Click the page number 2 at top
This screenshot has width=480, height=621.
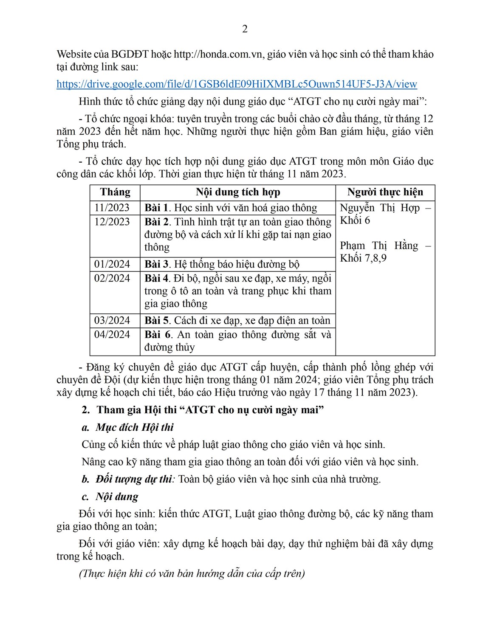tap(245, 29)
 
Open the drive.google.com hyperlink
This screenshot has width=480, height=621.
tap(237, 84)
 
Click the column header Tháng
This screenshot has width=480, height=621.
tap(115, 192)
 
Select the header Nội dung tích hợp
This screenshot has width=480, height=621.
tap(238, 192)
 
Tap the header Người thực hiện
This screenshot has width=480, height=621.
tap(385, 192)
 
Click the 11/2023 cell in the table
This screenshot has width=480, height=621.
tap(112, 208)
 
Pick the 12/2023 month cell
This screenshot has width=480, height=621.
tap(112, 222)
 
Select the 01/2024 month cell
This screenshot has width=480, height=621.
tap(112, 264)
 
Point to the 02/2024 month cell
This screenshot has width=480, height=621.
tap(112, 278)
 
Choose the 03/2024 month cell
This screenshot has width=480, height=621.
tap(112, 320)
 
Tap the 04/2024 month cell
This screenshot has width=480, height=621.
tap(112, 334)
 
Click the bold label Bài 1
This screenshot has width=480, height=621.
tap(156, 208)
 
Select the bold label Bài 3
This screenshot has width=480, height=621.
tap(156, 264)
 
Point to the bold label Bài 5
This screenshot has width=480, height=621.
tap(156, 320)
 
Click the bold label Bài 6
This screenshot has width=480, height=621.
tap(157, 334)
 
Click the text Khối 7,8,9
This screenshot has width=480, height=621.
tap(363, 258)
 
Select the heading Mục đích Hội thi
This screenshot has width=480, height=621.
tap(134, 427)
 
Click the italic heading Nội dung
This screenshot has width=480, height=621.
tap(117, 497)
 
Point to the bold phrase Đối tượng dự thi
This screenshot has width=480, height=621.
tap(134, 479)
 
